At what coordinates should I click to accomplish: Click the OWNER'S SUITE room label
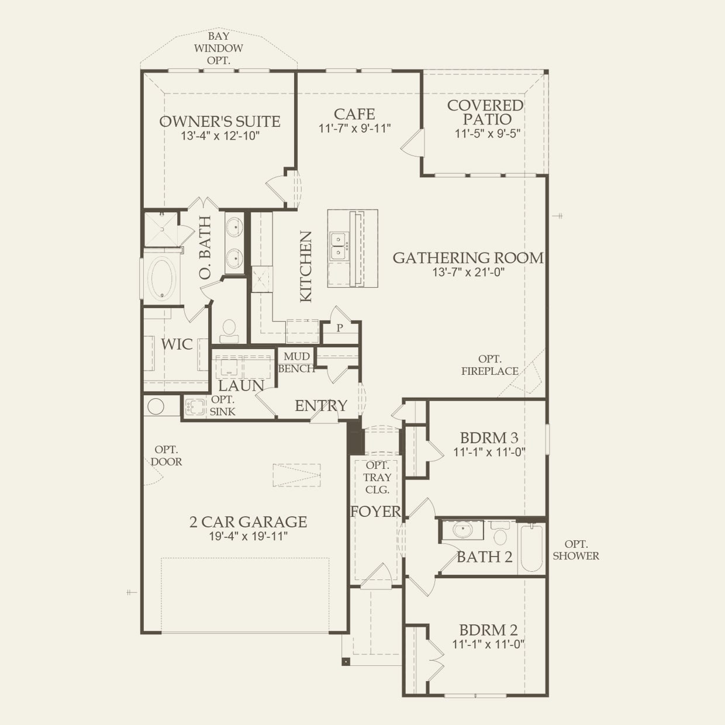(x=220, y=122)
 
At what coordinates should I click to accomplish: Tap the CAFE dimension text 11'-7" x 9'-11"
(x=355, y=128)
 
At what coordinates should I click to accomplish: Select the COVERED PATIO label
(x=486, y=112)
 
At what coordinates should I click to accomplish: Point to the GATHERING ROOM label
(x=468, y=258)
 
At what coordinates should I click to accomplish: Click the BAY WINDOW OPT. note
(x=218, y=48)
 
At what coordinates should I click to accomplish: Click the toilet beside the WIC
(x=229, y=330)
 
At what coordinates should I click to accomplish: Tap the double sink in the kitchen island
(x=339, y=246)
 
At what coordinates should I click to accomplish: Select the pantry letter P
(x=340, y=327)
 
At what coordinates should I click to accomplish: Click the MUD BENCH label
(x=296, y=362)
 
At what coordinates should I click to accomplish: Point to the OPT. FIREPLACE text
(x=490, y=365)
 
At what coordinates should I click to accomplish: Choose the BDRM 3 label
(x=489, y=438)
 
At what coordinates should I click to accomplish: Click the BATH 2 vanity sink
(x=462, y=530)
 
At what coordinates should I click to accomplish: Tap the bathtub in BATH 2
(x=531, y=548)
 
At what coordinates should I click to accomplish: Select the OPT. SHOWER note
(x=576, y=550)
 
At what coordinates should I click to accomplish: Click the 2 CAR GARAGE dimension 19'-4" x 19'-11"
(x=248, y=536)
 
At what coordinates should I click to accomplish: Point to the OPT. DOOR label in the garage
(x=166, y=455)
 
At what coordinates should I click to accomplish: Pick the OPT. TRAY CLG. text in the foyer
(x=377, y=478)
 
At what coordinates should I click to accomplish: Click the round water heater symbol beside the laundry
(x=156, y=406)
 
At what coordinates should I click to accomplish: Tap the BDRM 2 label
(x=488, y=630)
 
